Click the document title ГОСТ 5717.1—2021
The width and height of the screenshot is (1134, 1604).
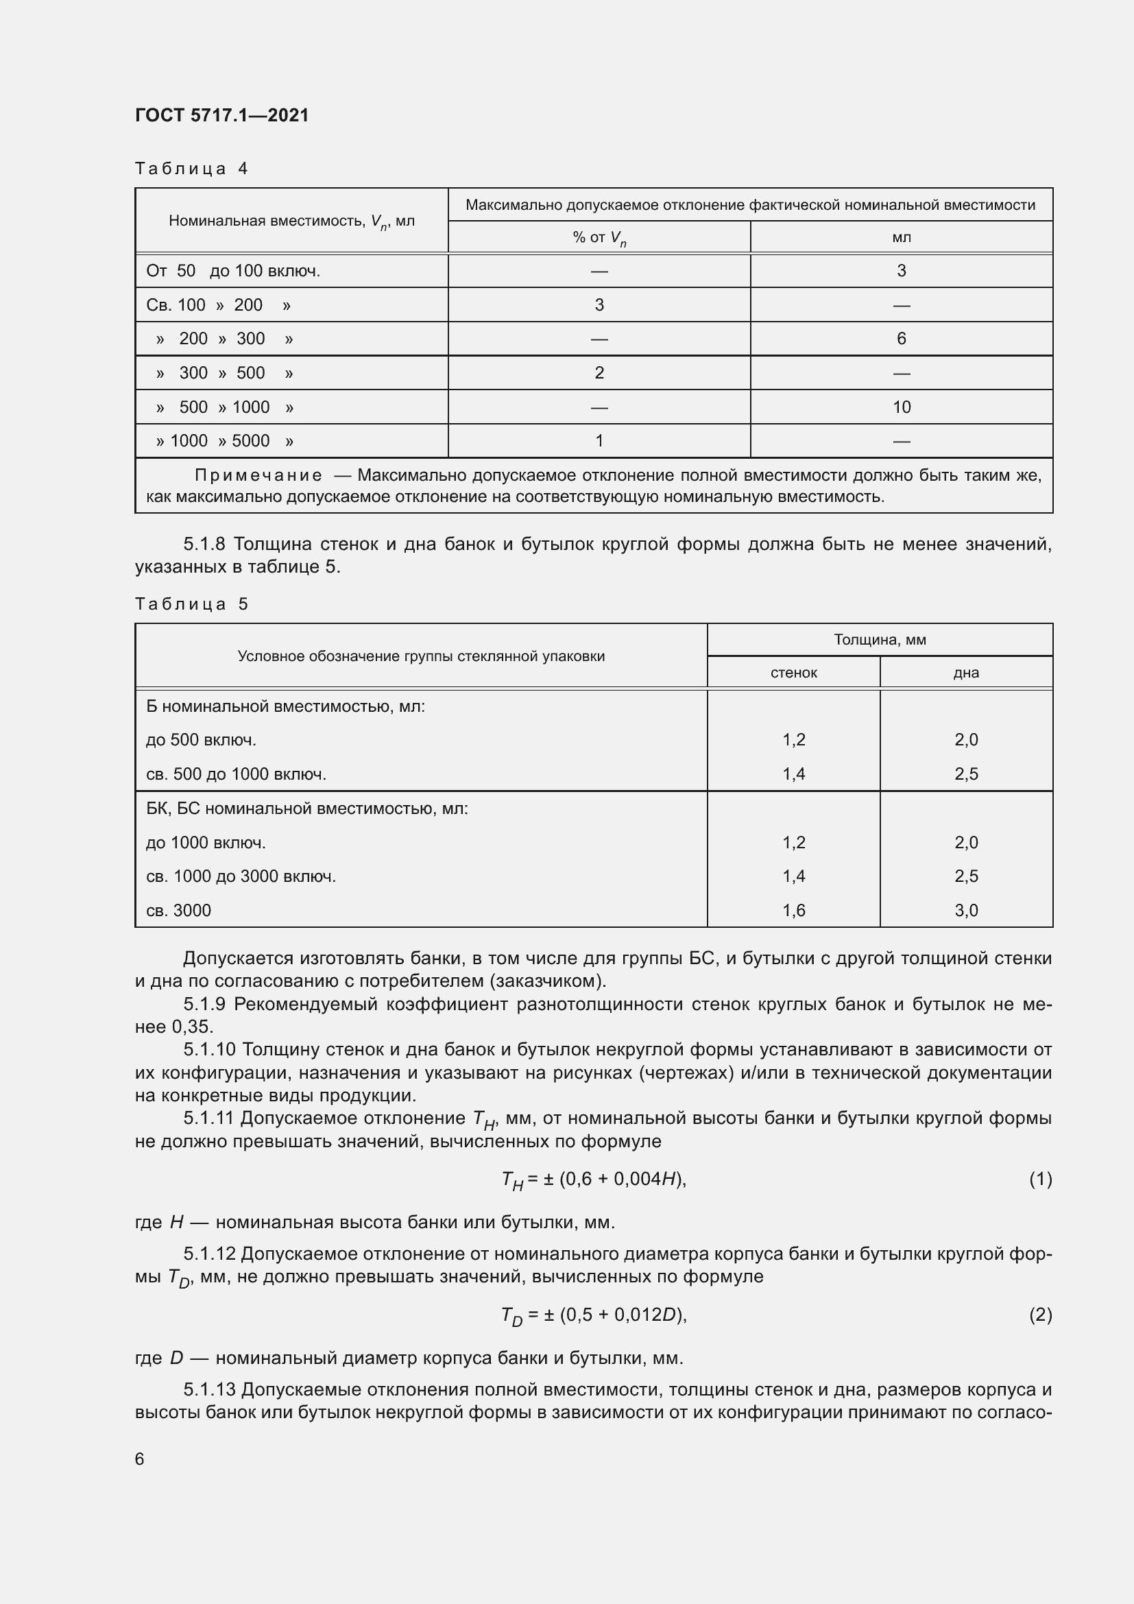(221, 115)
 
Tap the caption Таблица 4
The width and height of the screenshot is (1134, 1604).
(191, 169)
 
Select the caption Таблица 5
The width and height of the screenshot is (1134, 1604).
(191, 603)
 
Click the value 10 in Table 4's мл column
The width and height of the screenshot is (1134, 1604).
(901, 407)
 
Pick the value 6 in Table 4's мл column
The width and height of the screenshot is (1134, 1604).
(901, 339)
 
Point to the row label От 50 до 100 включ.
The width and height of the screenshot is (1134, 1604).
(233, 271)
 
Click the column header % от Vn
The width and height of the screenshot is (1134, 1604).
(599, 237)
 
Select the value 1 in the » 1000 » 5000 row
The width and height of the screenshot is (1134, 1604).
(599, 441)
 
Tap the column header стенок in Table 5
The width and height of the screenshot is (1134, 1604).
(793, 673)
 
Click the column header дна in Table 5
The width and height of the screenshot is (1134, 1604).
(966, 673)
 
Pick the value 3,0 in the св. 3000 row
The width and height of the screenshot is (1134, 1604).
(966, 910)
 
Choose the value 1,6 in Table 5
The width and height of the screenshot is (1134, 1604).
(793, 910)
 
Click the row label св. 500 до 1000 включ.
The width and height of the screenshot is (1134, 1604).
(236, 774)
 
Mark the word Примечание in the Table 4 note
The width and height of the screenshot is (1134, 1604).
(258, 476)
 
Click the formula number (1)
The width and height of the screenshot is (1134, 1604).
(1040, 1180)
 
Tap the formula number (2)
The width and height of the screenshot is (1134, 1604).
(1040, 1315)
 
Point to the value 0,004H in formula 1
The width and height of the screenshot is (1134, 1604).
(646, 1180)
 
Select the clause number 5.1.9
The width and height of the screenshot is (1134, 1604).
(204, 1005)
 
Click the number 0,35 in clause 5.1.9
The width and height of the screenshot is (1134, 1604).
(191, 1027)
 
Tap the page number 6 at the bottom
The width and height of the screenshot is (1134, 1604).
(140, 1459)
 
